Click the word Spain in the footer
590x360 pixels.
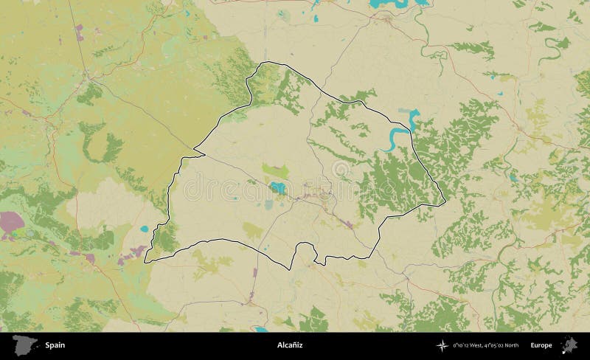(55, 345)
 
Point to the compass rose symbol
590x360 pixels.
(442, 345)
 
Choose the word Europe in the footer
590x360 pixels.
(541, 345)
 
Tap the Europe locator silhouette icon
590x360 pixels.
(569, 345)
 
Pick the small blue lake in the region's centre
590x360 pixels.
(277, 187)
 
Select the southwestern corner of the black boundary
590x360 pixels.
(145, 260)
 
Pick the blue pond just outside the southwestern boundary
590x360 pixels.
(145, 229)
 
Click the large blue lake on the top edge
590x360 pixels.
(391, 4)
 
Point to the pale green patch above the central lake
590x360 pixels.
(275, 170)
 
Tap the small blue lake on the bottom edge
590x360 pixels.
(260, 329)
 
